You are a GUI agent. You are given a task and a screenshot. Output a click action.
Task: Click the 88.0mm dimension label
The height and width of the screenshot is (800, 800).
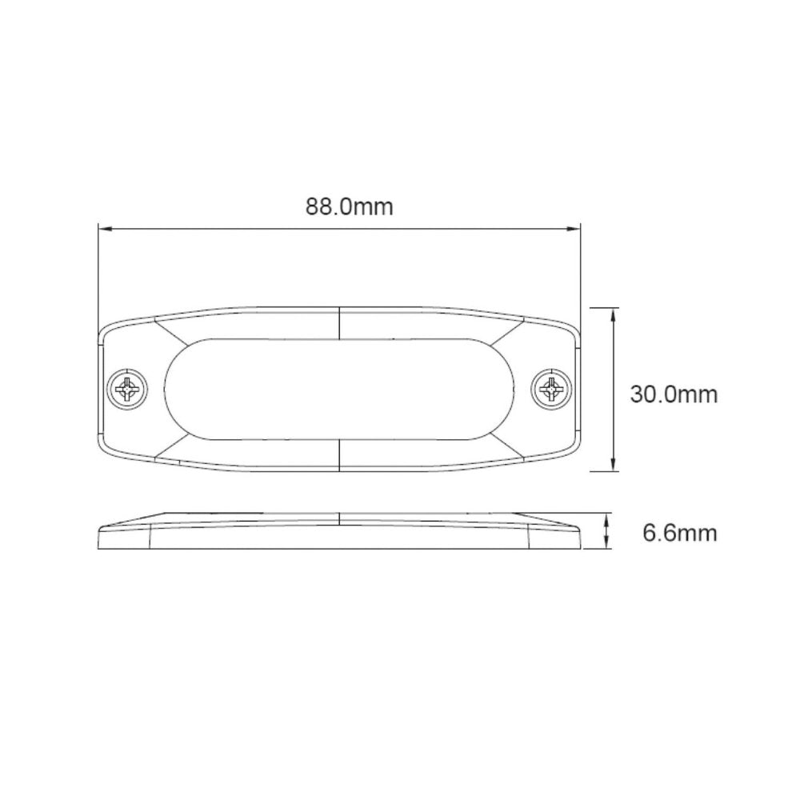(x=349, y=206)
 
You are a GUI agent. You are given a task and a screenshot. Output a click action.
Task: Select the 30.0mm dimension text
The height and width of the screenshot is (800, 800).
(x=673, y=394)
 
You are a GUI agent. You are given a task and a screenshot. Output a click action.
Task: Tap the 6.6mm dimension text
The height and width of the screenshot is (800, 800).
(x=680, y=532)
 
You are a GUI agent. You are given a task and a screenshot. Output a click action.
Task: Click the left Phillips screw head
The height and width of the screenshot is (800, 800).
(x=128, y=390)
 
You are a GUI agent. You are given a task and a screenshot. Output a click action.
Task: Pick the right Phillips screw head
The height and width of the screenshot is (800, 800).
(x=551, y=390)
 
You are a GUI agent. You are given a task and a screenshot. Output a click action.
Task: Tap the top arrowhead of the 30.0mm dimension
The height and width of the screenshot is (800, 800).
(x=613, y=314)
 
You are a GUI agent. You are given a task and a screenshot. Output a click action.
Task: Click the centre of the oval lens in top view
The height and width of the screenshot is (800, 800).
(x=340, y=390)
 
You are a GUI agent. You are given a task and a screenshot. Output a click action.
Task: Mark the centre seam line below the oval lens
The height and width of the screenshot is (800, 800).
(x=340, y=456)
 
